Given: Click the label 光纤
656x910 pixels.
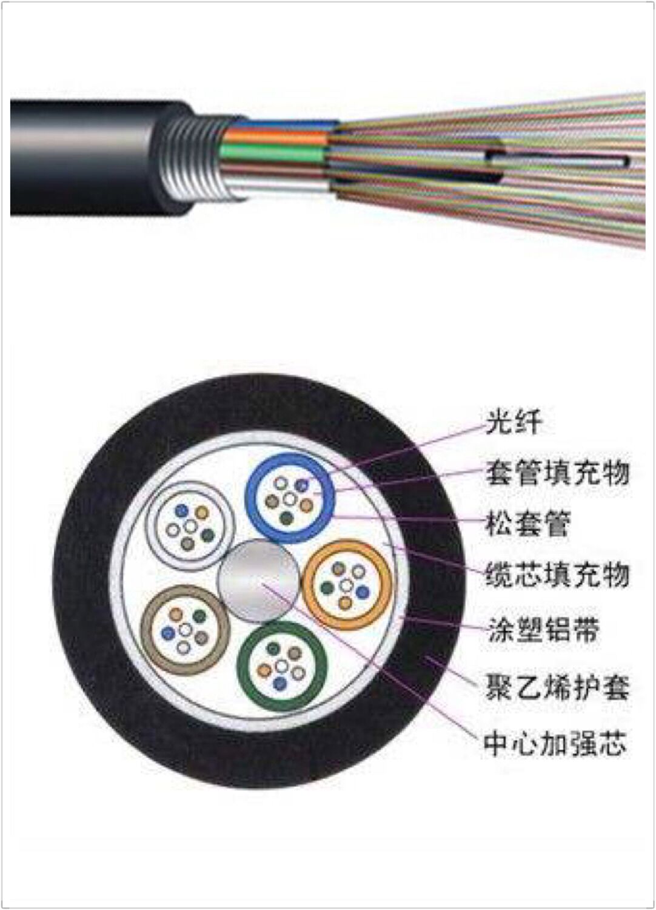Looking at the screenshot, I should tap(512, 421).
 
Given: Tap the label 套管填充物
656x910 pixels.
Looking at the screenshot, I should tap(557, 473).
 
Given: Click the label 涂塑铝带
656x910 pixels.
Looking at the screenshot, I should tap(543, 630).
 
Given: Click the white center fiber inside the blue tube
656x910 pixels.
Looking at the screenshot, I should tap(290, 499).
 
